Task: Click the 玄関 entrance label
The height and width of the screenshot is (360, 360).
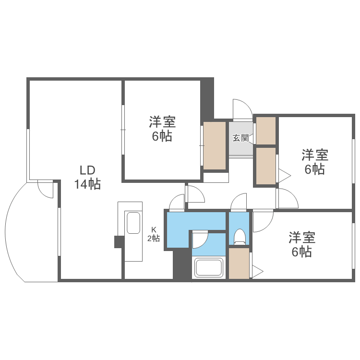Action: pyautogui.click(x=240, y=138)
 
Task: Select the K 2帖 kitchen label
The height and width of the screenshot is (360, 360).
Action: pyautogui.click(x=153, y=235)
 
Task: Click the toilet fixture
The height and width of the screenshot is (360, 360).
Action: pyautogui.click(x=239, y=236)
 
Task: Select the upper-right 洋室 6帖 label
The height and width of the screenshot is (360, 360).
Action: pyautogui.click(x=315, y=162)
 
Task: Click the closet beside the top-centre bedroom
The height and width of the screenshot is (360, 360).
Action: pyautogui.click(x=215, y=145)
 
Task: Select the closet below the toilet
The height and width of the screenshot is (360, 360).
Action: pyautogui.click(x=239, y=263)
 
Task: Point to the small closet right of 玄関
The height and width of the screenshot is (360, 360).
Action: pyautogui.click(x=266, y=130)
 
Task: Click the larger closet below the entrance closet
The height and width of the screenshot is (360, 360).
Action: pyautogui.click(x=266, y=166)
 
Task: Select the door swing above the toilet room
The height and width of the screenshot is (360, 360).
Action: pyautogui.click(x=239, y=202)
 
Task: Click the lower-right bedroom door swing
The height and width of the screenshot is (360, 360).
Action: pyautogui.click(x=262, y=221)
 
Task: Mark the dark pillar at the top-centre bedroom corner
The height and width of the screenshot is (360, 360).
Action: pyautogui.click(x=207, y=98)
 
